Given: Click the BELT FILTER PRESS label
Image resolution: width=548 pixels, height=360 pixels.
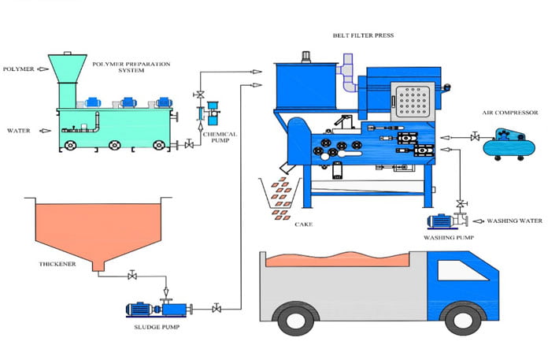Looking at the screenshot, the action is pos(363,35).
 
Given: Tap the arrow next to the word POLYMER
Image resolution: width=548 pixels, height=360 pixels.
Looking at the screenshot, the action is pos(43,69).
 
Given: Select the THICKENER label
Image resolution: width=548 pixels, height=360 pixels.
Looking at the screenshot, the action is pos(57,264).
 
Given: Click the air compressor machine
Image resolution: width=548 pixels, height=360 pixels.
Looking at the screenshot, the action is pos(509,144).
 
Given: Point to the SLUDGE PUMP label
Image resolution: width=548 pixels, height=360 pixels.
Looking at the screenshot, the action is pos(157,327).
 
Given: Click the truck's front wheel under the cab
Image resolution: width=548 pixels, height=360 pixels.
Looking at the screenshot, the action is pos(463,319).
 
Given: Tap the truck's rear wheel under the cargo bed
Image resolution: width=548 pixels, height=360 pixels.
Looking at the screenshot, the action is pos(296,319).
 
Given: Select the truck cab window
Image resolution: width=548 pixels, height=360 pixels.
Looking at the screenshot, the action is pos(462,270).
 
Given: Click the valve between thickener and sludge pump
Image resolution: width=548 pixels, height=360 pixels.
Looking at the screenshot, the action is pos(132,276).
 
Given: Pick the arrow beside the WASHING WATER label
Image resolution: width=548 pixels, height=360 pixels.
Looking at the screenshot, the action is pos(479,221).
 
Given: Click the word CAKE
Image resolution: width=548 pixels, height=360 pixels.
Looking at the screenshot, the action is pos(304,225).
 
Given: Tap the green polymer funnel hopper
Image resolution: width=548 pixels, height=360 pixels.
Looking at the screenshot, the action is pos(68,80).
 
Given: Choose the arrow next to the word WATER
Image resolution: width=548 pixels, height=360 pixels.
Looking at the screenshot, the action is pos(45,131).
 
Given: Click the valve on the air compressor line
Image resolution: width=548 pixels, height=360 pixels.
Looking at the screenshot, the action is pos(475,136).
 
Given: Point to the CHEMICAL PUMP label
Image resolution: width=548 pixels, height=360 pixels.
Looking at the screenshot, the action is pos(220,137).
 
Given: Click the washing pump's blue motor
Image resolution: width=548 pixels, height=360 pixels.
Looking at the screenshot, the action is pos(439,221).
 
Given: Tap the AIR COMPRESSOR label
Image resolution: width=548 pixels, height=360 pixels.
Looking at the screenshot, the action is pos(510,113).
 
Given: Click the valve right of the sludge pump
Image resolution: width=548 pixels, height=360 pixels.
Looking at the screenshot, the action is pos(217,308).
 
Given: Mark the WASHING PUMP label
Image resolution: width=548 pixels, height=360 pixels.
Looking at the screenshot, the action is pos(449,238).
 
